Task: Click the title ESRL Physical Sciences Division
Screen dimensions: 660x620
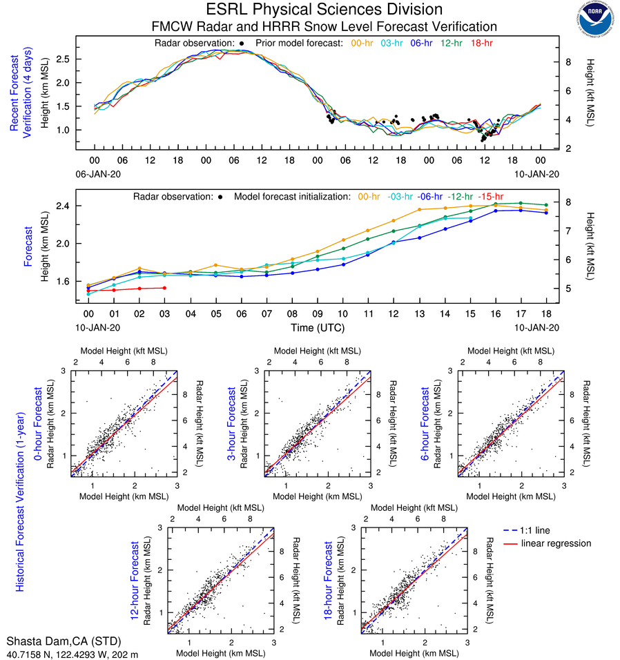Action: tap(324, 10)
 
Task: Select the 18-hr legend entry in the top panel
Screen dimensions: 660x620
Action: tap(481, 43)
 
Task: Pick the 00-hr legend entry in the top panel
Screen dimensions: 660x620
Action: tap(363, 43)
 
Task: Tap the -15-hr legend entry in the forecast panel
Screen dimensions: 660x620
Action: tap(490, 197)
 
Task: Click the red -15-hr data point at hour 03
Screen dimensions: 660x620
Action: tap(164, 288)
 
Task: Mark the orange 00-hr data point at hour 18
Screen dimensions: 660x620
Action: tap(546, 210)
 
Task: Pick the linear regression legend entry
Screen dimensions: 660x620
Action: tap(556, 543)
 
